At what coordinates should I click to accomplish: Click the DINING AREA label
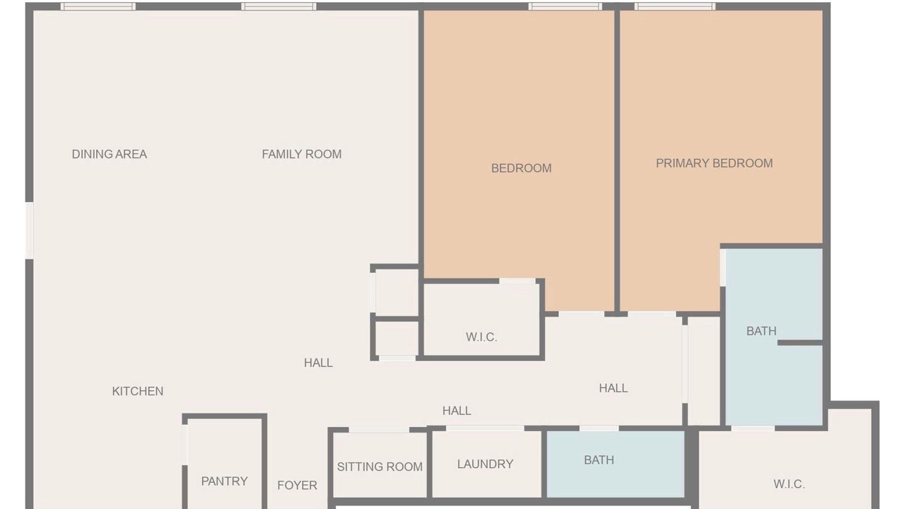click(109, 154)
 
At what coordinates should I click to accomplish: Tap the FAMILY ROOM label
click(301, 154)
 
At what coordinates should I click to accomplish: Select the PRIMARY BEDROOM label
click(714, 163)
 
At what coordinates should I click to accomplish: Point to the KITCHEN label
click(137, 391)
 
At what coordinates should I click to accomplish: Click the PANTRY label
click(224, 481)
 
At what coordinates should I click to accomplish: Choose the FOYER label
click(297, 485)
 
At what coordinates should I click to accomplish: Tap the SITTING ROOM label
click(380, 467)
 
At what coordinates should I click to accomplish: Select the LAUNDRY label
click(485, 464)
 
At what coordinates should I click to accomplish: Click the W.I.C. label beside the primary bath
click(788, 484)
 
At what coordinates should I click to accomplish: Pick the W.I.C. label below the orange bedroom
click(481, 337)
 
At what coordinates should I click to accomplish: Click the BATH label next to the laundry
click(599, 460)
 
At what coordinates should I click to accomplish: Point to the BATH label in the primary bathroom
click(761, 331)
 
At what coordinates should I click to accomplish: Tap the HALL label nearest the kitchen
click(318, 363)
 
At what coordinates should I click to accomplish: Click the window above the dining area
click(98, 6)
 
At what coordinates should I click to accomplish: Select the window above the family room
click(279, 6)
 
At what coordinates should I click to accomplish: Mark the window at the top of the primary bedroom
click(675, 6)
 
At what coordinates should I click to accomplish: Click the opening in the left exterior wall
click(30, 230)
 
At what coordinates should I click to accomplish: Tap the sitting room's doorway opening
click(379, 430)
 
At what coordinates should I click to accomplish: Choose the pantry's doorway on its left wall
click(185, 445)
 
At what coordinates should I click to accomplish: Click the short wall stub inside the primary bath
click(800, 343)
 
